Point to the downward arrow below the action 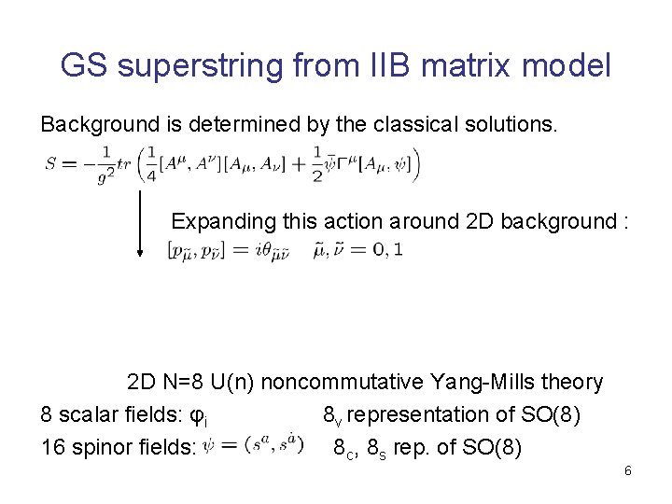[140, 223]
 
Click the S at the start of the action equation [50, 164]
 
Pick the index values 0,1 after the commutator [386, 250]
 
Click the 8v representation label [333, 415]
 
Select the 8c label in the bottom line [344, 448]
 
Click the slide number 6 [628, 471]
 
